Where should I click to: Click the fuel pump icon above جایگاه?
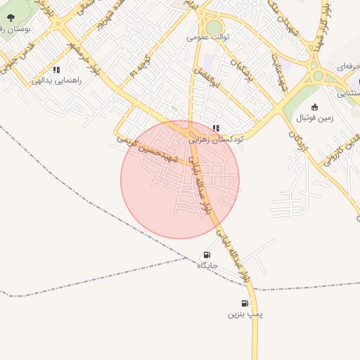pos(206,255)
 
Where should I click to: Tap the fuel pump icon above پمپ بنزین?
pos(244,303)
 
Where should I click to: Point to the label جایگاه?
pos(206,266)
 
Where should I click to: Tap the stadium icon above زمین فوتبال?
pos(314,107)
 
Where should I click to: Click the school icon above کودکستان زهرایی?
pos(216,128)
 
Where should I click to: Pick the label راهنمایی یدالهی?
pos(56,81)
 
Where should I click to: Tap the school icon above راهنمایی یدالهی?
pos(56,70)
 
